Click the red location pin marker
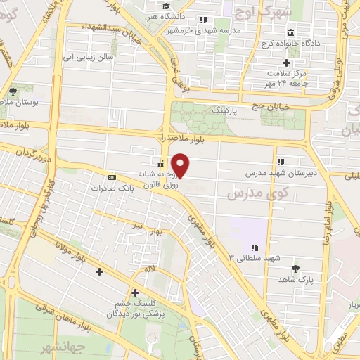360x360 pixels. [181, 166]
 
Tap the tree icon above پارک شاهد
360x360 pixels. [295, 268]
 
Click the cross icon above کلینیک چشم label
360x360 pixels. [134, 292]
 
